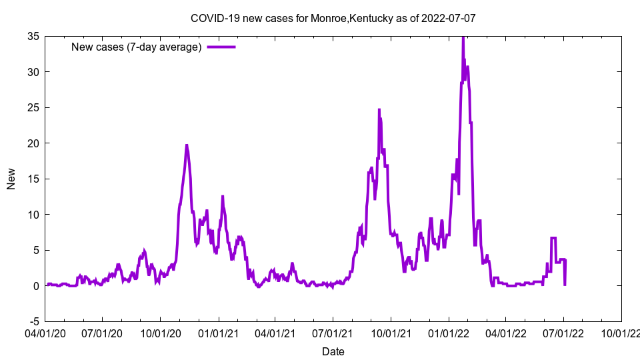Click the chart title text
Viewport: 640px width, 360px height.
(x=333, y=18)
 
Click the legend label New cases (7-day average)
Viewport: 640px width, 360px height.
(x=137, y=47)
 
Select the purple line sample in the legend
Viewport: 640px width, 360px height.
(x=221, y=47)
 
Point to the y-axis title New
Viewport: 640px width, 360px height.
(x=11, y=179)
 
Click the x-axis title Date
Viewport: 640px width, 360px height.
(x=333, y=351)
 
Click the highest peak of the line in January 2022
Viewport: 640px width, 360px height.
(x=463, y=38)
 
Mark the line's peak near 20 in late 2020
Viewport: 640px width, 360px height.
(x=187, y=145)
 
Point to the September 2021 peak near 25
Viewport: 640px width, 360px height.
(x=379, y=110)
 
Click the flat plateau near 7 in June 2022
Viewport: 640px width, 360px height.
(x=553, y=238)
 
